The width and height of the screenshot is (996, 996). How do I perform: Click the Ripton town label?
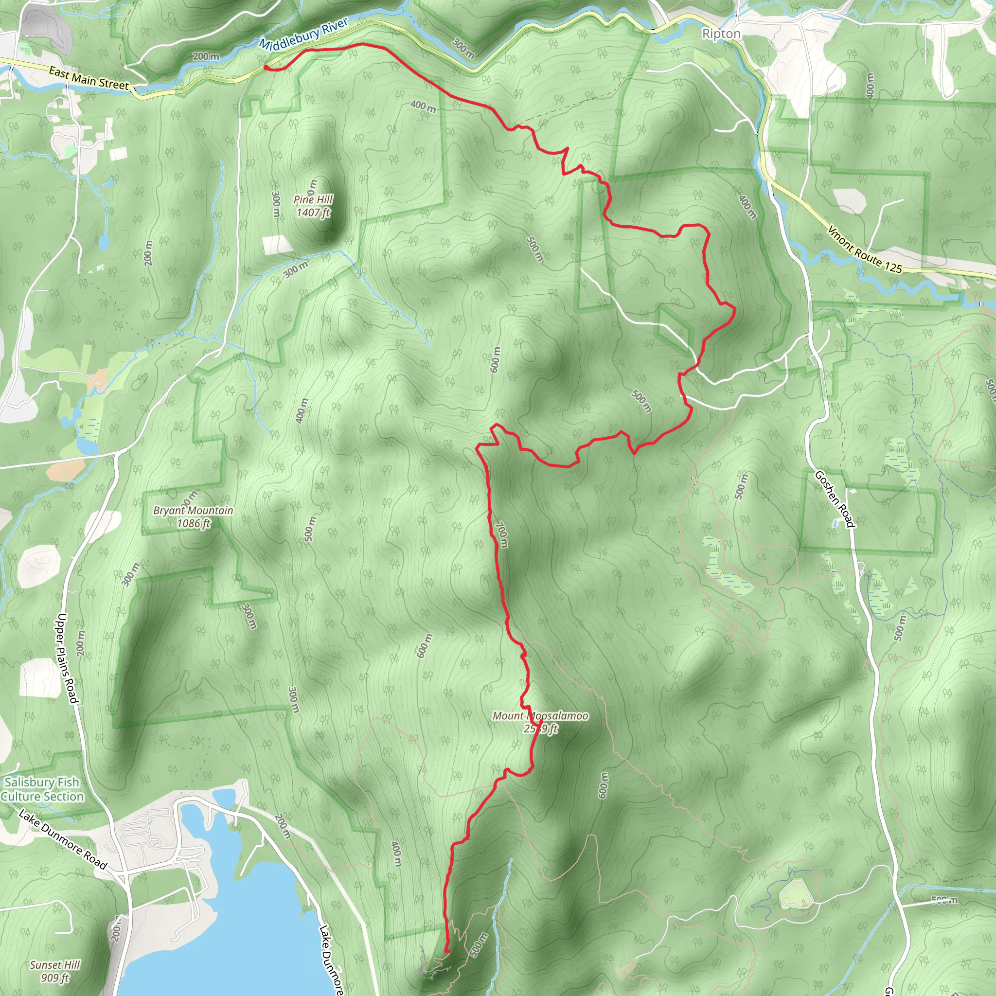[x=721, y=34]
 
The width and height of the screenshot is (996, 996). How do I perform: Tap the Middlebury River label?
[x=303, y=34]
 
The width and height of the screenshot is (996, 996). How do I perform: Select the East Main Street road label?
[x=88, y=78]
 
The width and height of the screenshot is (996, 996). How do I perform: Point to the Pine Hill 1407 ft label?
[x=313, y=206]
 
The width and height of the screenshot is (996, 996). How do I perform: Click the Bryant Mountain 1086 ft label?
[x=194, y=516]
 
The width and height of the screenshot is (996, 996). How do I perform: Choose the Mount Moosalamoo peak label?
[x=540, y=722]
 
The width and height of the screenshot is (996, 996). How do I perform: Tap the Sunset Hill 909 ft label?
[x=55, y=971]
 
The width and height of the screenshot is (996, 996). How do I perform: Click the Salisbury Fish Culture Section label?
[x=42, y=789]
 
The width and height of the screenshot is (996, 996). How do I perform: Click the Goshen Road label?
[x=835, y=499]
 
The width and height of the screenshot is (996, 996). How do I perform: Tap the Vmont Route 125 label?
[x=865, y=249]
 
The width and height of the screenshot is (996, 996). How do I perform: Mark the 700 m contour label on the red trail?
[x=501, y=535]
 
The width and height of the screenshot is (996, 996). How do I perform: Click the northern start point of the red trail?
[x=266, y=67]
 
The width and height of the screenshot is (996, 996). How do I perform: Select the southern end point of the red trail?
[x=447, y=951]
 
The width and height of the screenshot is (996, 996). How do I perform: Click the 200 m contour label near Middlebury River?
[x=206, y=55]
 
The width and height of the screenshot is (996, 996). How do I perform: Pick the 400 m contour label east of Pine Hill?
[x=423, y=106]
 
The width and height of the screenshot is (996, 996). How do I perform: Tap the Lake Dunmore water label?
[x=330, y=959]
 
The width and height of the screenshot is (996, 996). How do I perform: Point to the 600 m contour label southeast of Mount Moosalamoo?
[x=604, y=785]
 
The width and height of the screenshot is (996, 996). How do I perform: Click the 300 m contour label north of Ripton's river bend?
[x=463, y=48]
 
